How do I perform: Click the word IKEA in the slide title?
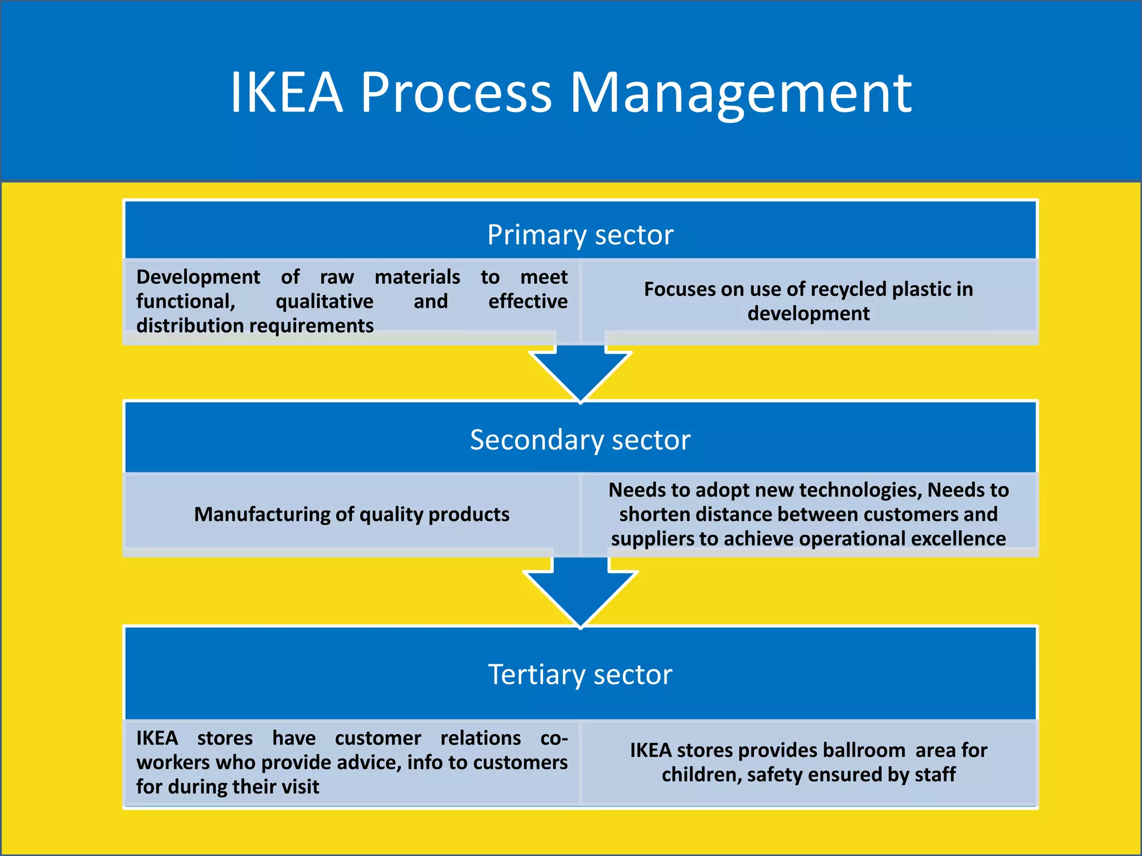click(286, 92)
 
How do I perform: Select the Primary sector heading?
click(580, 235)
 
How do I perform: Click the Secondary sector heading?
click(580, 440)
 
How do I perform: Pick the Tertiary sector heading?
click(580, 674)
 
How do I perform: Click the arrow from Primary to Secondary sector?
click(580, 370)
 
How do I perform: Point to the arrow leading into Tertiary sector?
click(580, 594)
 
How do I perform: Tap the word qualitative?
click(324, 301)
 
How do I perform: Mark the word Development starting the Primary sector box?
click(198, 277)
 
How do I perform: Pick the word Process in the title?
click(456, 92)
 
